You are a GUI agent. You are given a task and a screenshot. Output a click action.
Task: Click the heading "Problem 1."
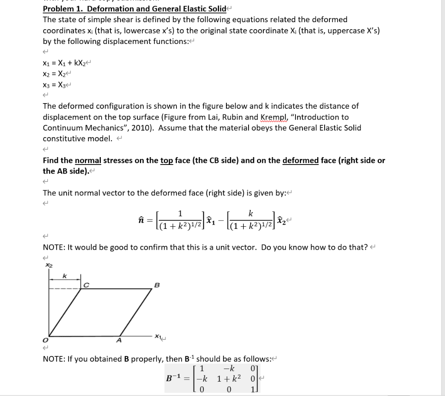coord(61,9)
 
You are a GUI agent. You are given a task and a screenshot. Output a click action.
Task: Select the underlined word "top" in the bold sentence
coord(166,160)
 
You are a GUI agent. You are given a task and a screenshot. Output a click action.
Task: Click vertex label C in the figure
coord(86,286)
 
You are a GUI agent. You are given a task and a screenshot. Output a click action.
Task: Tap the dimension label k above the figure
coord(64,276)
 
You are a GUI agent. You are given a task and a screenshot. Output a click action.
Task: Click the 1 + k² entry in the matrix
coord(226,377)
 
